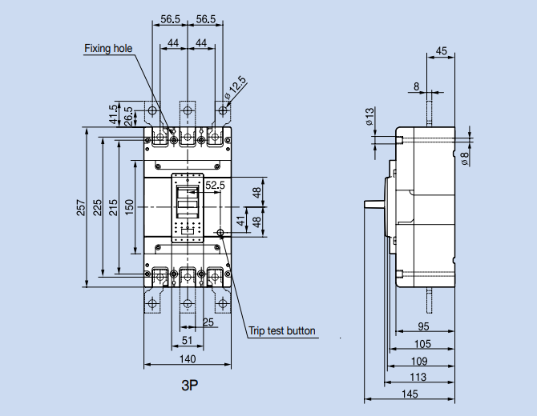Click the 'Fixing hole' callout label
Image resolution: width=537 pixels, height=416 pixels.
(108, 49)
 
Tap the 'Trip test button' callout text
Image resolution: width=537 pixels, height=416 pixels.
(281, 330)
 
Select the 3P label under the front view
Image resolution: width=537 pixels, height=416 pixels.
(189, 386)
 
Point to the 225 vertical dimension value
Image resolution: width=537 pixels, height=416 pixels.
(98, 207)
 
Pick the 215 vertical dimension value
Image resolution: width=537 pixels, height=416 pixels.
(114, 207)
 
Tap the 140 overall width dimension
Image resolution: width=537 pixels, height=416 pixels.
(188, 359)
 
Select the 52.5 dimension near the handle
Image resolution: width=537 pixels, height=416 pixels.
(216, 186)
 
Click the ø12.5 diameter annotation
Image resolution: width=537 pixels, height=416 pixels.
(236, 90)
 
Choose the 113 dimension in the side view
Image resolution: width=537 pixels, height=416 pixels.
(418, 377)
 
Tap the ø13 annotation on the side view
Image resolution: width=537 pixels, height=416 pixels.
(369, 117)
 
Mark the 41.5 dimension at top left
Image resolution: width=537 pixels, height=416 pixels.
(113, 114)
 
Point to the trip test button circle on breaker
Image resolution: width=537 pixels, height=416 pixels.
(220, 234)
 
